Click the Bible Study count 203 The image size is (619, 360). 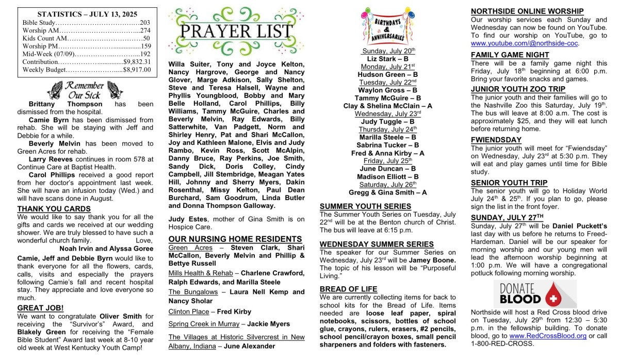pos(144,23)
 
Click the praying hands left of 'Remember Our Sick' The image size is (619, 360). pos(54,90)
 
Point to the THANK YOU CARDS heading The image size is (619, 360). pos(54,209)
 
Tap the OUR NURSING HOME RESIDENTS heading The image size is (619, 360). pos(235,239)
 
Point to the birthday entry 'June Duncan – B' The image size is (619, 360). pos(388,169)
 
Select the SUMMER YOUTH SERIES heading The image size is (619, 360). pos(365,206)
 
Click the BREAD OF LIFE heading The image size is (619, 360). pos(348,289)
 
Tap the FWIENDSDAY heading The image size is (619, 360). pos(496,140)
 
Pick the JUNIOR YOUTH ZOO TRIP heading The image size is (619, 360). pos(518,89)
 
